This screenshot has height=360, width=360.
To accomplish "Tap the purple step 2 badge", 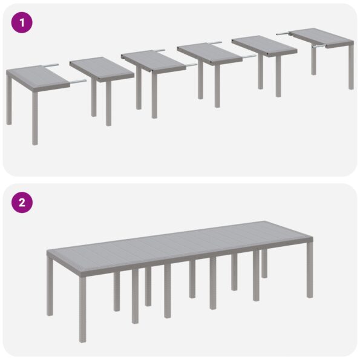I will (x=22, y=202).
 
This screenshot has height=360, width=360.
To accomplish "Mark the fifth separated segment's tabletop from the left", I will (x=263, y=44).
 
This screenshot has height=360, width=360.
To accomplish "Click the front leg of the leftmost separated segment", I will (x=35, y=119).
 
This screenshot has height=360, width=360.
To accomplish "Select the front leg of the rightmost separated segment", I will (x=351, y=67).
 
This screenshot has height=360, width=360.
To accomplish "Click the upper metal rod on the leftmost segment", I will (x=51, y=65).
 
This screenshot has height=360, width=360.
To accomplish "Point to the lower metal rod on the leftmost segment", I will (x=77, y=80).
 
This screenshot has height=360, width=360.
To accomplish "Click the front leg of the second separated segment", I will (x=108, y=103).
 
